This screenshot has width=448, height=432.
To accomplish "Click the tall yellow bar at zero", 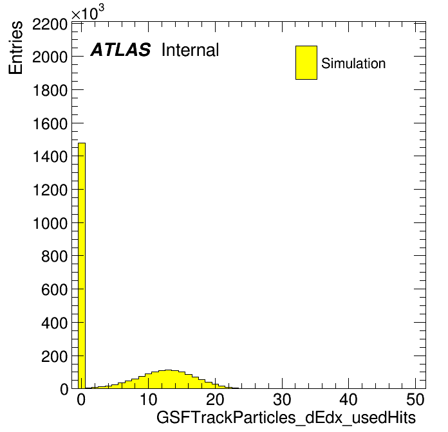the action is tap(82, 265).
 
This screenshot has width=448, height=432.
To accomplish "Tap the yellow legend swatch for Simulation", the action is tap(306, 62).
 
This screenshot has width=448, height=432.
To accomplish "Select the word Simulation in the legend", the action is tap(353, 64).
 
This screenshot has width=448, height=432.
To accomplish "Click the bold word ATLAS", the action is tap(120, 50).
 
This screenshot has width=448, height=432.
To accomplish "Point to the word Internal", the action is tap(190, 50).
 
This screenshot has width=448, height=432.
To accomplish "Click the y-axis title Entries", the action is tap(15, 48).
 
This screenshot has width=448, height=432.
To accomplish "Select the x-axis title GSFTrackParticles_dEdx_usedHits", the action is tap(286, 418).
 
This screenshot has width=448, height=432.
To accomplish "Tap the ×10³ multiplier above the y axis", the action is tap(88, 13).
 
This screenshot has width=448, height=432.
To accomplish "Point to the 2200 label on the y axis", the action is tap(50, 24).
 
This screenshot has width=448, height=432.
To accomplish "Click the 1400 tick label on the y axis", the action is tap(50, 157).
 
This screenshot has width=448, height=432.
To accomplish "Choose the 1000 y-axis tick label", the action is tap(50, 223).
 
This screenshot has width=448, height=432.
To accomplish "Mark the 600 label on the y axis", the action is tap(54, 290).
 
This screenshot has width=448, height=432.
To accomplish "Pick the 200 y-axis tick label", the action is tap(54, 356).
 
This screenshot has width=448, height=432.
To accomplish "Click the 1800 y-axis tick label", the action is tap(50, 91).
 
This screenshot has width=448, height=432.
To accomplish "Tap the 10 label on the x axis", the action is tap(148, 399).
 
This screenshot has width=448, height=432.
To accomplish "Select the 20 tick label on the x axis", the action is tap(215, 399).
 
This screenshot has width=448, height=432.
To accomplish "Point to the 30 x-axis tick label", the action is tap(282, 399).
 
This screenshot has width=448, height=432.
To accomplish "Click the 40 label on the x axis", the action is tap(349, 399).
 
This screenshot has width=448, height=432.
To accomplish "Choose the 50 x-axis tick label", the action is tap(415, 399).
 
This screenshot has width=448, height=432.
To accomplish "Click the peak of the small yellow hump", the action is tap(168, 370).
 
